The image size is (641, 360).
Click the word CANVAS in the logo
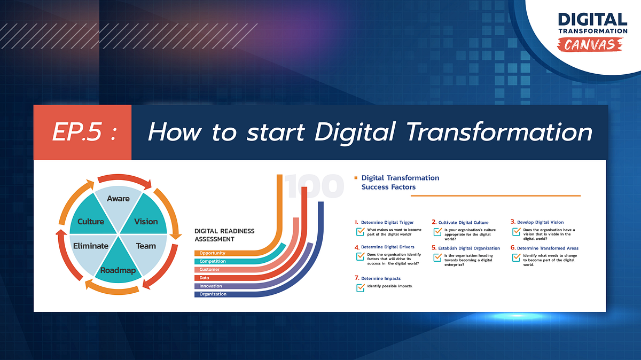pos(593,44)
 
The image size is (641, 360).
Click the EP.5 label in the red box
pos(83,132)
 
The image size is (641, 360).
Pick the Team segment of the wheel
pos(146,246)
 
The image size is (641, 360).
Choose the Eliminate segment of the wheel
pos(90,246)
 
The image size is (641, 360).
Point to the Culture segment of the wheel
pos(91,222)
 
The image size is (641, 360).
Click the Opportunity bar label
pos(213,253)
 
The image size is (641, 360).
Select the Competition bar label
pos(213,261)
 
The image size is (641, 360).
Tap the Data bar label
pos(204,278)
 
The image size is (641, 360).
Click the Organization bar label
pos(213,294)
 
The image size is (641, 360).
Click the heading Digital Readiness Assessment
pos(224,235)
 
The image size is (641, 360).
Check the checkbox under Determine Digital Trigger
pos(361,231)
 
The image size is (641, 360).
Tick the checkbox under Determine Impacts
pos(361,287)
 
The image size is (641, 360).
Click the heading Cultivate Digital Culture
pos(463,222)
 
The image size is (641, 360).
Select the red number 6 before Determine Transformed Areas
pos(512,248)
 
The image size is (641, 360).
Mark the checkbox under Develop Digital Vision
pos(516,231)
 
